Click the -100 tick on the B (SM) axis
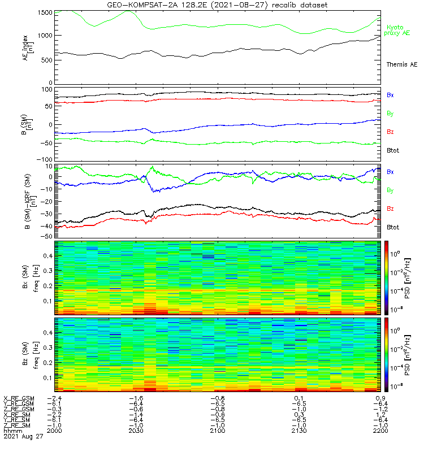pos(44,160)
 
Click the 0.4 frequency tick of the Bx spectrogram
pos(47,256)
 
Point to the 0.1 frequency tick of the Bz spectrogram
pos(47,377)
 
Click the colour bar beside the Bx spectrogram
pos(387,277)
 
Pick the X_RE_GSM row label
pos(19,398)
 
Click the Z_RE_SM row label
pos(18,425)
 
